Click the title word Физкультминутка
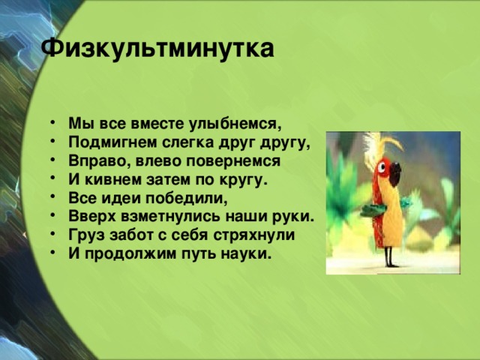tap(157, 50)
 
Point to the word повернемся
tap(237, 161)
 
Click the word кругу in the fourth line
tap(244, 181)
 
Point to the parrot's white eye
tap(385, 169)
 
